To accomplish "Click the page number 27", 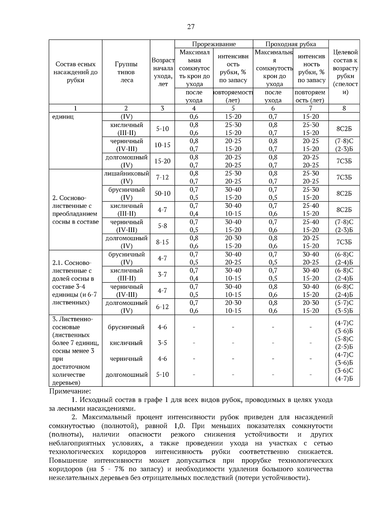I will (x=191, y=27).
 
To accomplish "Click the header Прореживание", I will (x=214, y=44).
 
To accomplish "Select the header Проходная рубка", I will (x=290, y=44).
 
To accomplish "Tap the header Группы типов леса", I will (x=126, y=72).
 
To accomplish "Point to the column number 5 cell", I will (x=233, y=108).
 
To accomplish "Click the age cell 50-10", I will (x=162, y=194).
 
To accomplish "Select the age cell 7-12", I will (x=162, y=177).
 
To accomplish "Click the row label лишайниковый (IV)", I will (x=126, y=177).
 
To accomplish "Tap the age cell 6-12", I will (x=162, y=307).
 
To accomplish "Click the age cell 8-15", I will (x=162, y=242).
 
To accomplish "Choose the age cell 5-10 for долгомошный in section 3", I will (x=162, y=375).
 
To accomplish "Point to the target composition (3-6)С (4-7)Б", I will (x=344, y=375).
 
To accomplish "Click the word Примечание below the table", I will (x=70, y=391).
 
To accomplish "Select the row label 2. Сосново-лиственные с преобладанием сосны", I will (x=75, y=210).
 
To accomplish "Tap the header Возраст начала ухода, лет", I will (x=163, y=72).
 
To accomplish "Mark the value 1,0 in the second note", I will (x=181, y=426).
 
